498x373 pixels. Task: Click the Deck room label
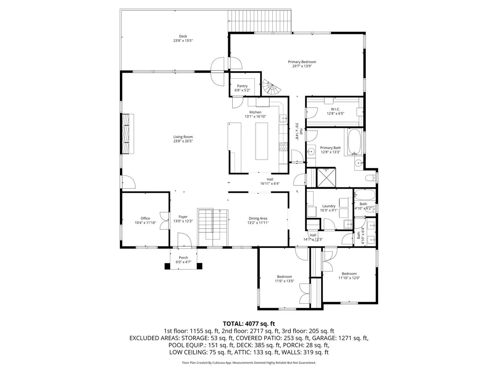click(183, 36)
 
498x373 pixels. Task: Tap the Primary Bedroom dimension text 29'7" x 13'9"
click(302, 66)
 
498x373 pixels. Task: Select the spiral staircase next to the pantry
click(271, 88)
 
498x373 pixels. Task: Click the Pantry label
click(242, 86)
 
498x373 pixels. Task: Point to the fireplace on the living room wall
click(127, 134)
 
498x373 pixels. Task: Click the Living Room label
click(183, 137)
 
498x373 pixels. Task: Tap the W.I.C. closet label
click(335, 109)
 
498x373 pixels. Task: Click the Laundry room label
click(329, 206)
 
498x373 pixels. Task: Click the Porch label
click(183, 258)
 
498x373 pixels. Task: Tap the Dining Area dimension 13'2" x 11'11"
click(258, 223)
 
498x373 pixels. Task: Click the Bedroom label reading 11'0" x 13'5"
click(284, 277)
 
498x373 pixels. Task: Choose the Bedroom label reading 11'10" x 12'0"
click(349, 273)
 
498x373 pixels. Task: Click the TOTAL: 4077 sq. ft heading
click(249, 324)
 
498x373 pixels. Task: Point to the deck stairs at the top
click(260, 21)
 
